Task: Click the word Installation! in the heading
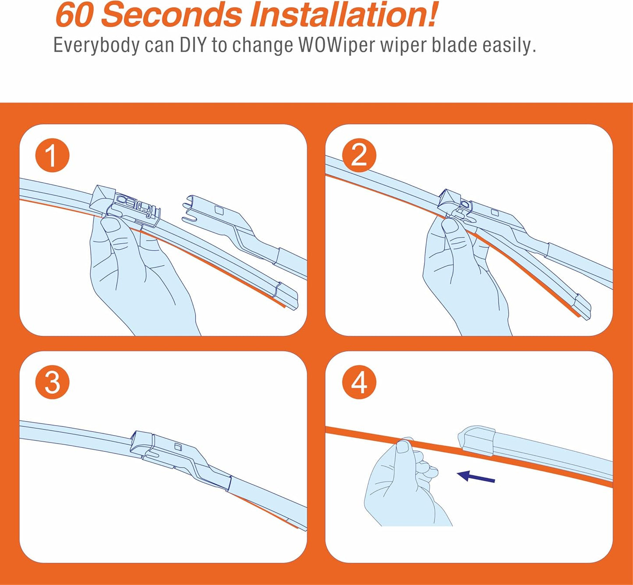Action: click(x=343, y=14)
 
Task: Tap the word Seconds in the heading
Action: click(x=171, y=14)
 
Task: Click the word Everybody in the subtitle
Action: click(x=96, y=46)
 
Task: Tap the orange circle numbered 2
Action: click(x=359, y=155)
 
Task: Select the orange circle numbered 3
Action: click(x=52, y=383)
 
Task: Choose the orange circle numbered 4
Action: click(x=359, y=383)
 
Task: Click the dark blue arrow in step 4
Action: click(x=476, y=477)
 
